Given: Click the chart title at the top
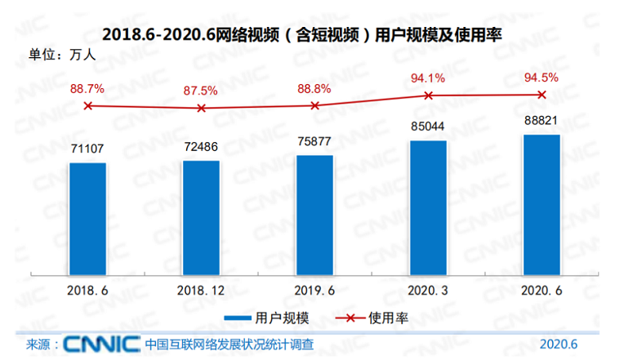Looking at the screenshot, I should point(301,34).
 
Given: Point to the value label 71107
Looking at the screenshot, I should point(87,150).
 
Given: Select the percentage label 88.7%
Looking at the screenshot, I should point(87,87).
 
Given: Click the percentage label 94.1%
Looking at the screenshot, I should point(428,78).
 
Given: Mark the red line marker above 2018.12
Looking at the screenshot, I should point(201,108).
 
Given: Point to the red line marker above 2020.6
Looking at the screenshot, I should point(541,95).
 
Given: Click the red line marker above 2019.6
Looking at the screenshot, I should point(314,105).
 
